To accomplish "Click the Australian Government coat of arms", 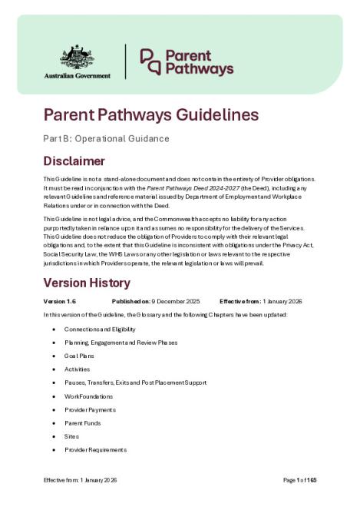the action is pyautogui.click(x=84, y=56).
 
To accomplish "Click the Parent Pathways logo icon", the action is pyautogui.click(x=150, y=61).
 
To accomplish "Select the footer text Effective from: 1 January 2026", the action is pyautogui.click(x=80, y=480).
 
